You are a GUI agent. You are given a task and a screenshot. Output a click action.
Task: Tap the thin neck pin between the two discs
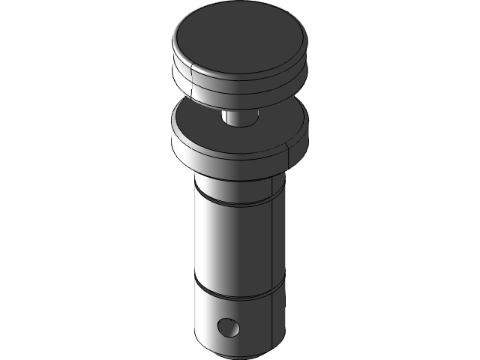click(x=239, y=118)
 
